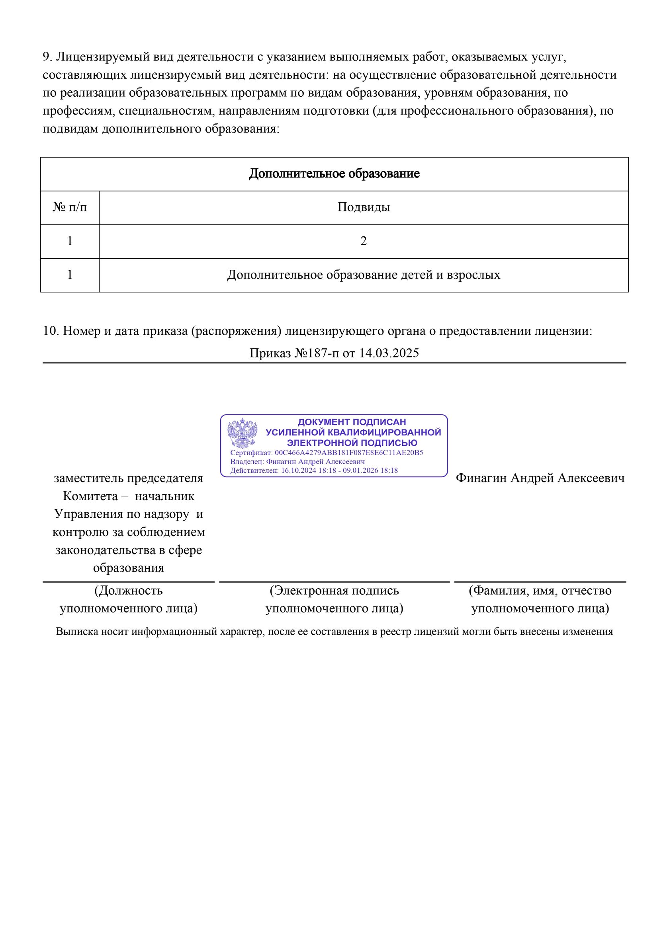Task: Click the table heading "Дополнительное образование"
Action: tap(334, 174)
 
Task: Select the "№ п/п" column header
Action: tap(70, 207)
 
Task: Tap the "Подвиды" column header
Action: tap(363, 207)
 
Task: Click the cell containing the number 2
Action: tap(363, 241)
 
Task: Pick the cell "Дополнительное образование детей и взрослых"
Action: tap(363, 275)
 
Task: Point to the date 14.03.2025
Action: tap(389, 353)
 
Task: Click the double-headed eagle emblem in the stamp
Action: tap(243, 433)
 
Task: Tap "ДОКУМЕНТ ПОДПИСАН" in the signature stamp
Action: tap(352, 422)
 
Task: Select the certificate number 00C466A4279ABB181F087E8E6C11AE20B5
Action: tap(349, 453)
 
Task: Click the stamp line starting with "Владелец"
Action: tap(297, 462)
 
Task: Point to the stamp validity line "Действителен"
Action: tap(314, 470)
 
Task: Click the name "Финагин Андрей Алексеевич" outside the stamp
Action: tap(540, 478)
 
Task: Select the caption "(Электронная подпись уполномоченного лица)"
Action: tap(334, 599)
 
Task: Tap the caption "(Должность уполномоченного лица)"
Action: tap(129, 599)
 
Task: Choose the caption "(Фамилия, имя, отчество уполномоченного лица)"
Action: tap(540, 599)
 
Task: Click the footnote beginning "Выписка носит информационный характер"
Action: tap(334, 632)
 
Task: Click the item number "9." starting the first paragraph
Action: tap(47, 57)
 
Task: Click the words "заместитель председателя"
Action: tap(129, 478)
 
